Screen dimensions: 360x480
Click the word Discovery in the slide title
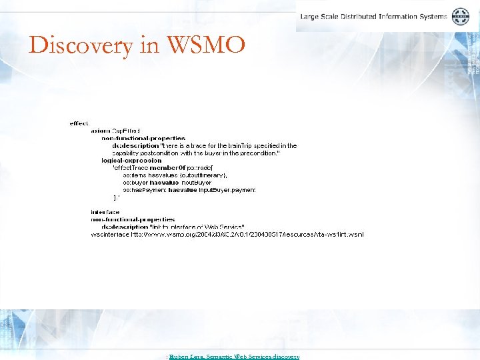tap(71, 46)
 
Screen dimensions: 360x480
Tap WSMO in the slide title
tap(207, 45)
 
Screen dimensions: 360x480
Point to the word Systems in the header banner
tap(431, 16)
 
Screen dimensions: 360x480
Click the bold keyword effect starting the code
tap(79, 123)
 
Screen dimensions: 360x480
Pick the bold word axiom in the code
tap(101, 131)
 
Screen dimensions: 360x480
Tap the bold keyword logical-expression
tap(131, 160)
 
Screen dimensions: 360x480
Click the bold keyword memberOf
tap(168, 167)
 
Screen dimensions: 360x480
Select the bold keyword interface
tap(105, 211)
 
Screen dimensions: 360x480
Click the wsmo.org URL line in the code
tap(227, 234)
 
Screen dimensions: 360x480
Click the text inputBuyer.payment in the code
tap(227, 189)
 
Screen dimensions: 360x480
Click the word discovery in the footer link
tap(286, 357)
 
